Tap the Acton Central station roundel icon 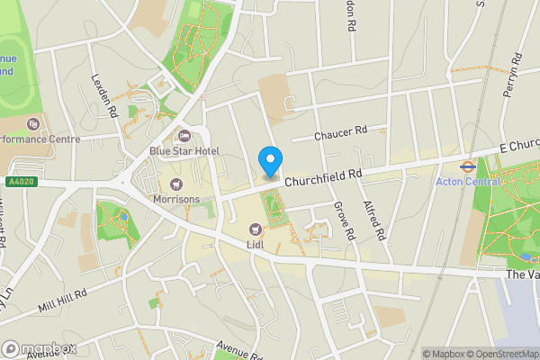(467, 166)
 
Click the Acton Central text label (467, 181)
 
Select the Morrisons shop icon (175, 184)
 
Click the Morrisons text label (175, 199)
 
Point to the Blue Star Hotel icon (184, 137)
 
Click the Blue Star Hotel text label (184, 151)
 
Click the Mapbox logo (38, 348)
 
